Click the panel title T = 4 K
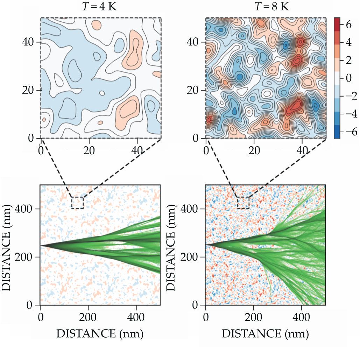101,6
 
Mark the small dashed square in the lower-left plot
77,203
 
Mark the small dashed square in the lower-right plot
243,203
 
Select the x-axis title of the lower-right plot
265,333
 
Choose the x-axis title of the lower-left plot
100,333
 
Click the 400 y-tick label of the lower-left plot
30,209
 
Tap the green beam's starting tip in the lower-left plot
41,245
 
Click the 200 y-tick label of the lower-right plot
195,257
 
